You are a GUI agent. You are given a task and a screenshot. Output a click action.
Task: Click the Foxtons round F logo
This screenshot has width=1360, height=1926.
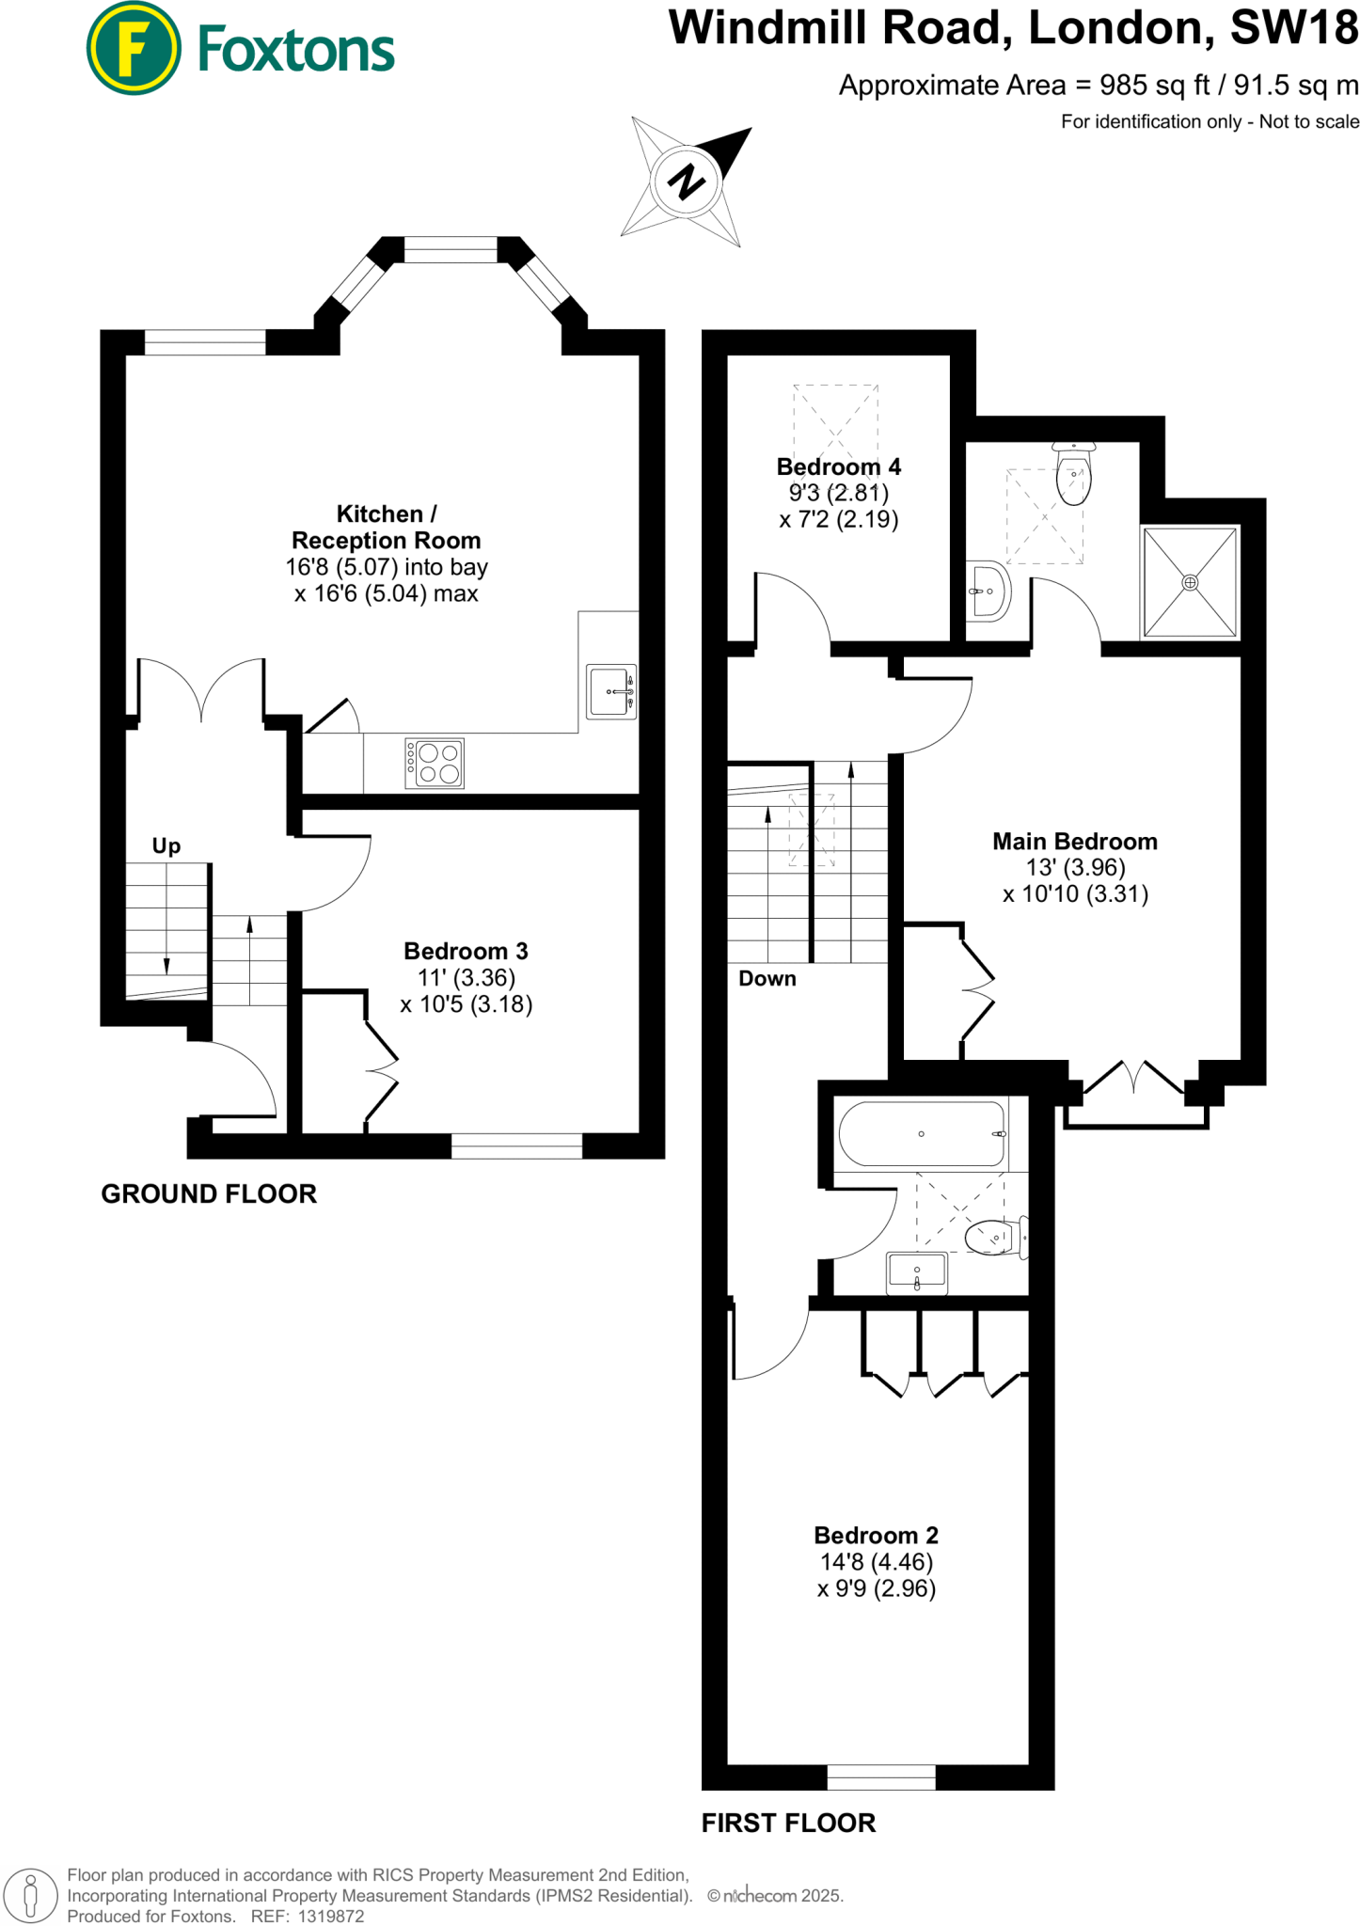pos(134,48)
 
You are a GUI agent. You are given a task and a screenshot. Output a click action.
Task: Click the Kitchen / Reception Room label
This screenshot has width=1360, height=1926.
pos(386,528)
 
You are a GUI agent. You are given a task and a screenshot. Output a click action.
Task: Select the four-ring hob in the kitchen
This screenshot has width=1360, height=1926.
pos(435,764)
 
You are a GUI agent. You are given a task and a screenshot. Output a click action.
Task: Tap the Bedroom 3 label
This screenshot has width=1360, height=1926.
pos(466,951)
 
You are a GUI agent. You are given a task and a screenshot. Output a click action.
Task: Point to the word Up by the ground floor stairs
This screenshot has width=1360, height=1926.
pos(166,846)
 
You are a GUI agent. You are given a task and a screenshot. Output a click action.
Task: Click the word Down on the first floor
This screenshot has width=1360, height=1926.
pos(767,979)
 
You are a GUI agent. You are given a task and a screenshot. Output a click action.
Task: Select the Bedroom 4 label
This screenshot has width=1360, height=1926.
pos(838,467)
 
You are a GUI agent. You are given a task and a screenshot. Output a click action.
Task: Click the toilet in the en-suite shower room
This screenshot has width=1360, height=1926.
pos(1073,476)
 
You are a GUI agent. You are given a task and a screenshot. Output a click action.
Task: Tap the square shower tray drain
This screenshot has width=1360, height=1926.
pos(1190,583)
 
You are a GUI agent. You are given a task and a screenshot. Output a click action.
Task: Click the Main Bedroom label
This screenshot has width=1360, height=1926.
pos(1075,842)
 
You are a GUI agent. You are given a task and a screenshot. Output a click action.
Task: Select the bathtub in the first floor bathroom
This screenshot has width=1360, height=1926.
pos(922,1134)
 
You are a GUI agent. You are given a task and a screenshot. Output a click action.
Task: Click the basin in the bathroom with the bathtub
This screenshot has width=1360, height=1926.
pos(917,1273)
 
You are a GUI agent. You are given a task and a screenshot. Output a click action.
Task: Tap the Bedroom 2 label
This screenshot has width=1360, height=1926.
pos(876,1536)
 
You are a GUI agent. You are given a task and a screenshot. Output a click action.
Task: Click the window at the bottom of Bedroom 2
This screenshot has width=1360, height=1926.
pos(881,1776)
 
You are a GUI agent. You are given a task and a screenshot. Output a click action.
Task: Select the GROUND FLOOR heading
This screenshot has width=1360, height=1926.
pos(209,1194)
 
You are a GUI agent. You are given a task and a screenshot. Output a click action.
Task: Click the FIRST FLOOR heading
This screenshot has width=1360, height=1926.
pos(788,1823)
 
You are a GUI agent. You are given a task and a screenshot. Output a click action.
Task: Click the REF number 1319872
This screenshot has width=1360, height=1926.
pos(330,1917)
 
